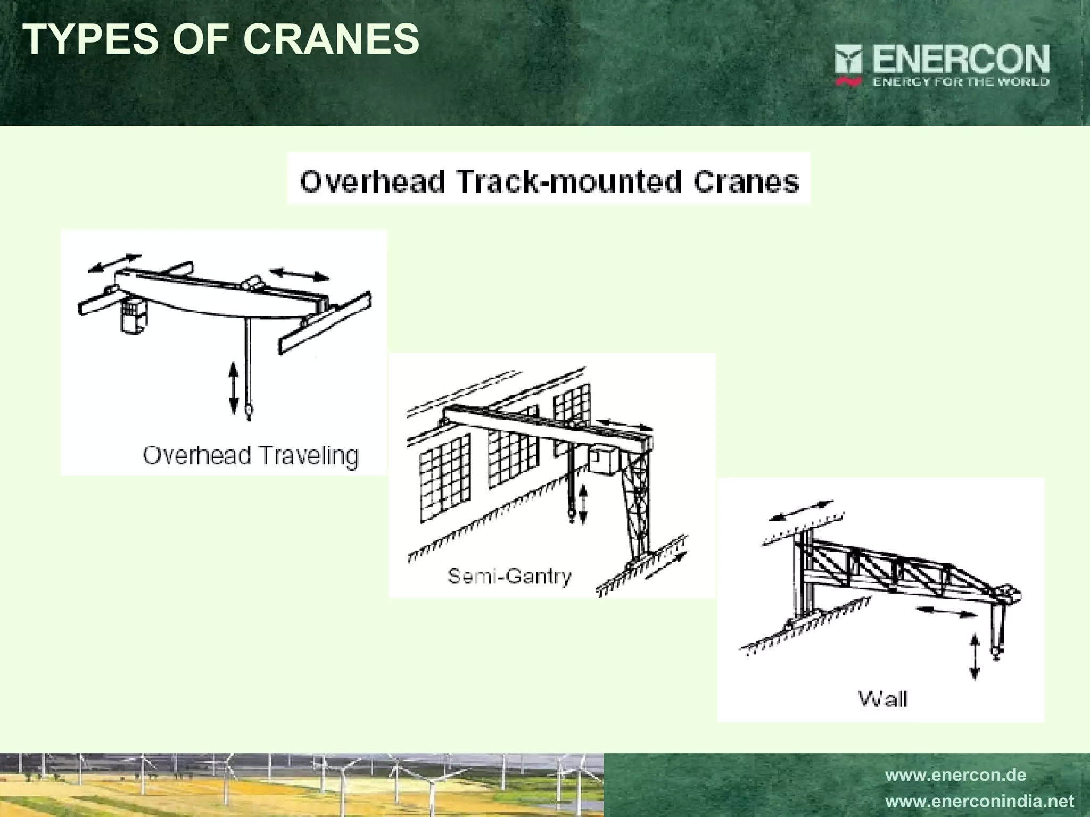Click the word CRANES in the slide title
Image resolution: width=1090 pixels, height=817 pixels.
331,39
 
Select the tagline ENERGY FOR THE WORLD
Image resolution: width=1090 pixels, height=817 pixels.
961,82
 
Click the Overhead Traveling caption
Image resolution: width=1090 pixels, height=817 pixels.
251,456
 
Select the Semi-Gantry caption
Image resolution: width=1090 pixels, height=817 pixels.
509,576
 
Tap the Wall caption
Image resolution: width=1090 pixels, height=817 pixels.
882,698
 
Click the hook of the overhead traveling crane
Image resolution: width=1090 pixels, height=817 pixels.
248,410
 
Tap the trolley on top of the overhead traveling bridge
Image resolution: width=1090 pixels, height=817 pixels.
252,282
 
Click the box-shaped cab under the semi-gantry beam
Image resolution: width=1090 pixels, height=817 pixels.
602,459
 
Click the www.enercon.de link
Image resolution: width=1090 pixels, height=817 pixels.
955,774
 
